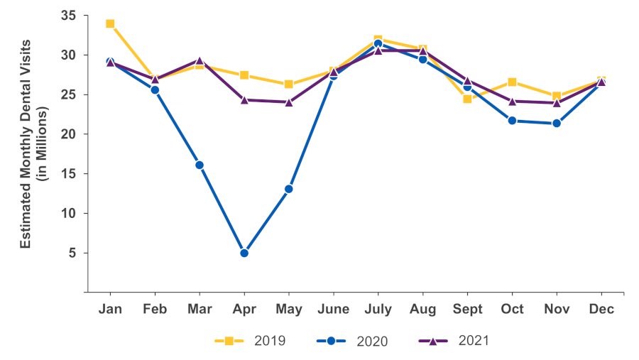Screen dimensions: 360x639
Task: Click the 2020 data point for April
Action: [244, 253]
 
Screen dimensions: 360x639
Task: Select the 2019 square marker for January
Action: [110, 23]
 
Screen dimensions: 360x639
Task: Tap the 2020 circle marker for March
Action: [200, 165]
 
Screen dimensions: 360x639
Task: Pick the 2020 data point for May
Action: [289, 189]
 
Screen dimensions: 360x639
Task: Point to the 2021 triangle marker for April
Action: [244, 99]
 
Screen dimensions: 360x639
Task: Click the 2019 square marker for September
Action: [467, 99]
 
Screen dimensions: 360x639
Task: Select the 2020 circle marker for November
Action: [557, 123]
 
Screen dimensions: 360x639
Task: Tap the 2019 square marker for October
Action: [512, 82]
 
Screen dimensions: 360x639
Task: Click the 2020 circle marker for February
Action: [155, 89]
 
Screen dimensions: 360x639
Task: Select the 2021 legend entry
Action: [454, 341]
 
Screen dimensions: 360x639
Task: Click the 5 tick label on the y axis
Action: [72, 253]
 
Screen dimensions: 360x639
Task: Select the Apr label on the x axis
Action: [244, 309]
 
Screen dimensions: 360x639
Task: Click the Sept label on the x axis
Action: [467, 309]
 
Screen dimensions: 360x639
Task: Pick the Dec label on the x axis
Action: [601, 309]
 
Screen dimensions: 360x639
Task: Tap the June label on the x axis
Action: [334, 309]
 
